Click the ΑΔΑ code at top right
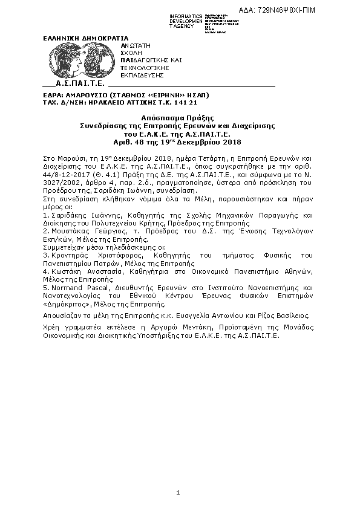click(x=286, y=11)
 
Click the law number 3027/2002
click(x=59, y=181)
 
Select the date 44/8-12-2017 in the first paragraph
click(x=65, y=173)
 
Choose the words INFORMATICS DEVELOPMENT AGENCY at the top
click(x=186, y=21)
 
